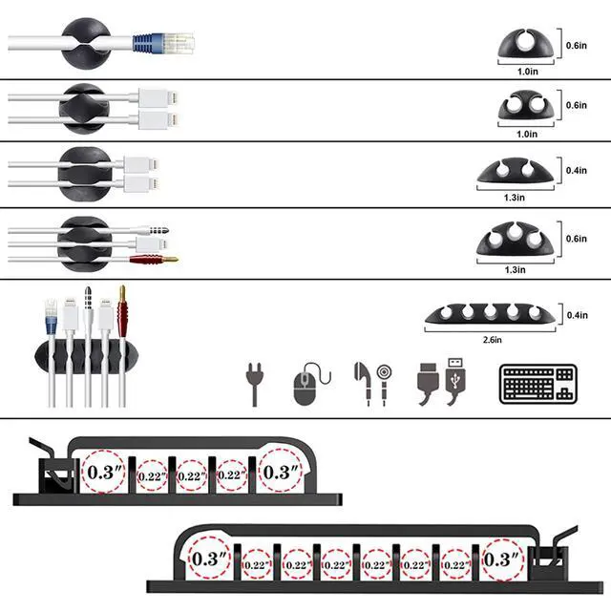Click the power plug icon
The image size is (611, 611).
click(255, 384)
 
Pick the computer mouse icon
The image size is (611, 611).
click(305, 386)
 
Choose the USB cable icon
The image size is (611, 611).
click(443, 384)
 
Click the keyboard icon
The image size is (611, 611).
click(536, 385)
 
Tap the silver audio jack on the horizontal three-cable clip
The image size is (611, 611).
click(157, 230)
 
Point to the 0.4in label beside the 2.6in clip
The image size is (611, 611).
click(577, 316)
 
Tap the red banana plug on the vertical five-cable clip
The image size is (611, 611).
click(122, 305)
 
